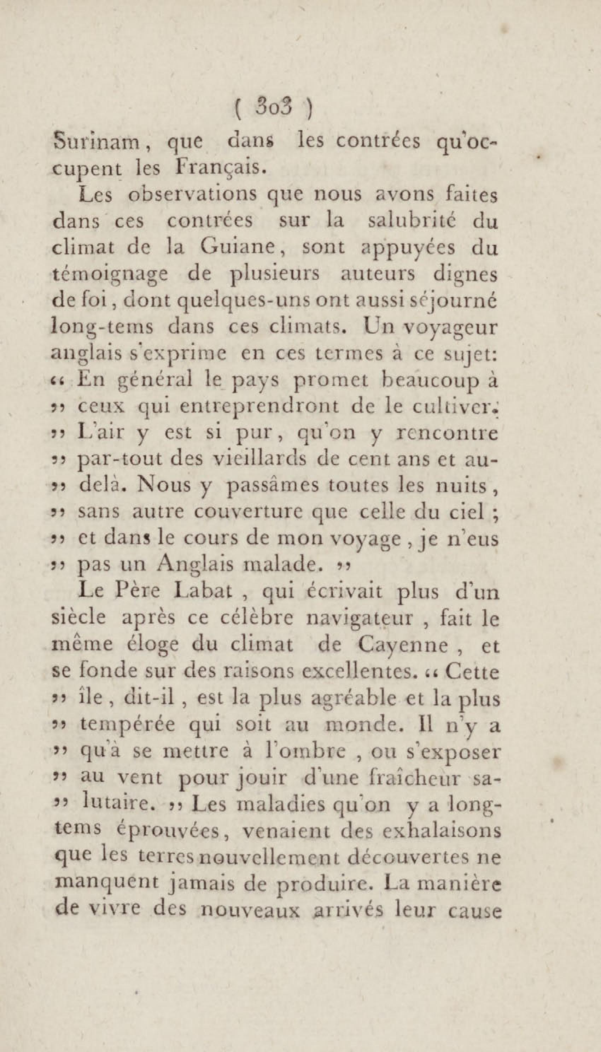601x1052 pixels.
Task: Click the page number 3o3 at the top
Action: pyautogui.click(x=274, y=108)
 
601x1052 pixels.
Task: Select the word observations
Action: pyautogui.click(x=192, y=195)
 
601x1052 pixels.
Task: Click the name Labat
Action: pyautogui.click(x=212, y=592)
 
